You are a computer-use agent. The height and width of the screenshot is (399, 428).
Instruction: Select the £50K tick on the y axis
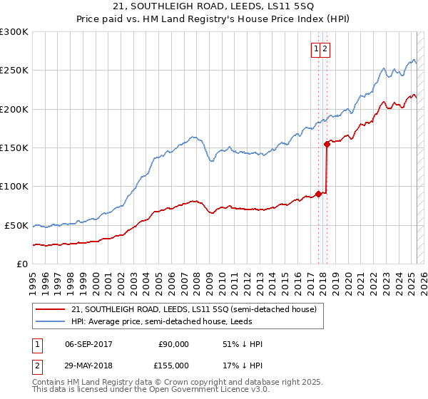click(17, 225)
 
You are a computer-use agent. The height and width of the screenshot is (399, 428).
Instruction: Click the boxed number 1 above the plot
click(315, 49)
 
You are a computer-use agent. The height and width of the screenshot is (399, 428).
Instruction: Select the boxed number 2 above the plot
click(325, 49)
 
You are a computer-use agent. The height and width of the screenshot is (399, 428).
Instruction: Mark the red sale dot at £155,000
click(327, 144)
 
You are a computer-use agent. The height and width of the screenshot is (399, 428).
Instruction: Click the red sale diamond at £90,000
click(318, 194)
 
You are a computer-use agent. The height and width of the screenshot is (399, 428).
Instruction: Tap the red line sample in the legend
click(51, 309)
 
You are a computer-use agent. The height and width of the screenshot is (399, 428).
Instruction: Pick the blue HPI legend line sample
click(51, 321)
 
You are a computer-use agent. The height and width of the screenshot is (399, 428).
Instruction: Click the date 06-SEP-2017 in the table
click(88, 344)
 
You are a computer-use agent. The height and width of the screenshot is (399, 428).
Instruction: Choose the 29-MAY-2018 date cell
click(88, 366)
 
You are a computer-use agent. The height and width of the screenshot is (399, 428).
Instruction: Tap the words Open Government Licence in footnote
click(188, 392)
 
